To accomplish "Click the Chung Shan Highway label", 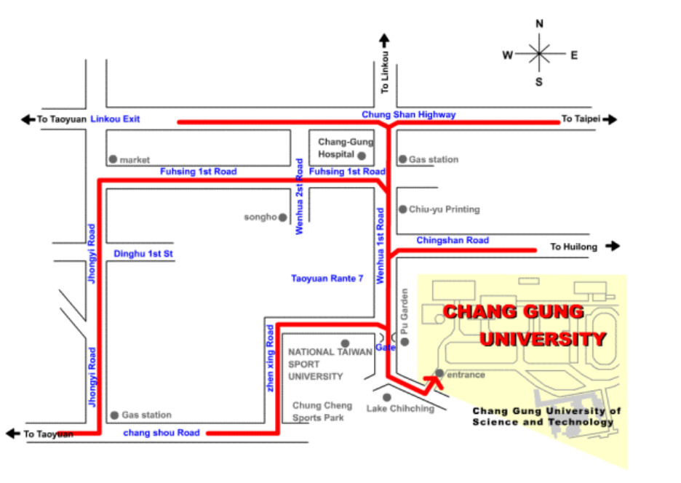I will click(x=409, y=114).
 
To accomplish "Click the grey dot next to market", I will click(x=113, y=159).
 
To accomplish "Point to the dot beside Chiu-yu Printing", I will click(x=402, y=209).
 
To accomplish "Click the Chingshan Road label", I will click(x=453, y=240).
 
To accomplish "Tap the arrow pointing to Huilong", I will click(x=613, y=247).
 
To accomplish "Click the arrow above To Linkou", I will click(x=384, y=40).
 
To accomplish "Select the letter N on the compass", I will click(x=539, y=24).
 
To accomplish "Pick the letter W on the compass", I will click(x=508, y=55).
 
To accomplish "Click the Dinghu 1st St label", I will click(x=143, y=254).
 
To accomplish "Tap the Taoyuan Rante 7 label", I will click(x=327, y=279).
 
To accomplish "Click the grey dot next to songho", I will click(x=283, y=217).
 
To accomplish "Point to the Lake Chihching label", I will click(x=400, y=409).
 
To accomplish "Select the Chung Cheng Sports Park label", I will click(x=322, y=412).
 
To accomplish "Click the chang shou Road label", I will click(x=162, y=433).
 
